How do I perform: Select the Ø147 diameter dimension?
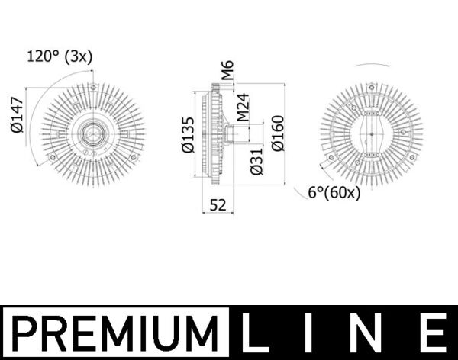18,114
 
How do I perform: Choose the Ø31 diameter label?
257,161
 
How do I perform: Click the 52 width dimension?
218,204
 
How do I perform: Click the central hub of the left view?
92,135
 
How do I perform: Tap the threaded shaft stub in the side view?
237,135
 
